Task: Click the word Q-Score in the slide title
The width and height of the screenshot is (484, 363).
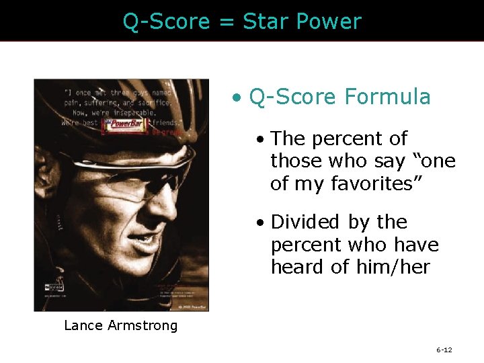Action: click(166, 22)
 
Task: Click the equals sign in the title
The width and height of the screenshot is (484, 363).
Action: click(225, 22)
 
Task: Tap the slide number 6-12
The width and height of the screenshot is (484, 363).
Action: click(444, 350)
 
